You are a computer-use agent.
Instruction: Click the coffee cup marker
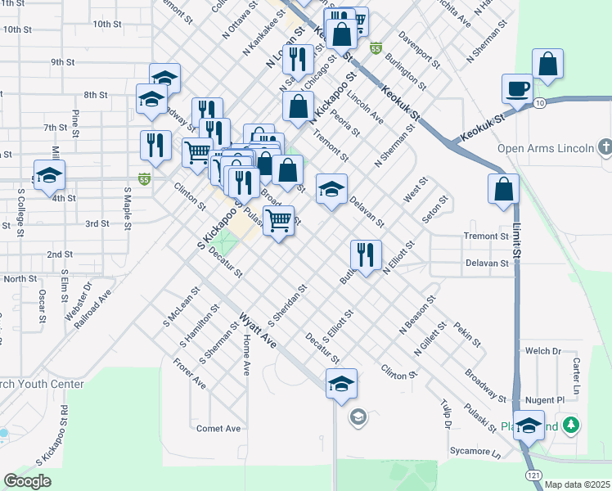(x=517, y=88)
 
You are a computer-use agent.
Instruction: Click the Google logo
(x=28, y=481)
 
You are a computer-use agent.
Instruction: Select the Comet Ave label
(x=218, y=428)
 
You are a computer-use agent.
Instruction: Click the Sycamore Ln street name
(x=475, y=452)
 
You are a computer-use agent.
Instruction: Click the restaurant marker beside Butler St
(x=366, y=255)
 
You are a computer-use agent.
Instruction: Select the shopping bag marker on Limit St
(x=503, y=190)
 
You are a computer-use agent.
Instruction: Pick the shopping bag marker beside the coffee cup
(x=547, y=65)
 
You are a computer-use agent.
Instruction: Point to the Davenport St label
(x=420, y=51)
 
